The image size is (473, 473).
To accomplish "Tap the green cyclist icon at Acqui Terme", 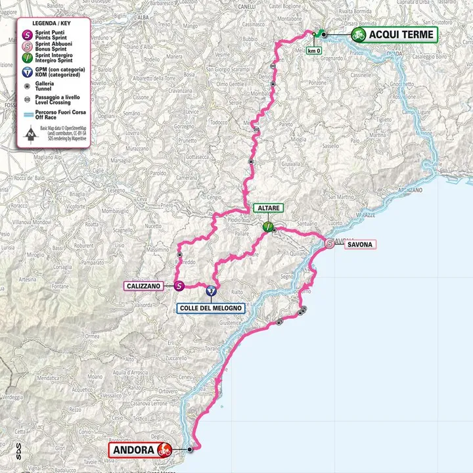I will (x=359, y=35).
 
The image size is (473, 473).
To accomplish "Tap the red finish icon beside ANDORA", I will (x=164, y=451).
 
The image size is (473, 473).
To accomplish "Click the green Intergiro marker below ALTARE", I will (x=268, y=227).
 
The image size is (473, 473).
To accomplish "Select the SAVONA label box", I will (x=360, y=245).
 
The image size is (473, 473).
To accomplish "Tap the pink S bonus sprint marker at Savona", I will (x=330, y=244).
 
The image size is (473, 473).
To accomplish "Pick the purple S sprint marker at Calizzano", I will (x=179, y=286).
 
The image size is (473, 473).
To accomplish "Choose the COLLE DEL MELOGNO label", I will (x=211, y=308).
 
